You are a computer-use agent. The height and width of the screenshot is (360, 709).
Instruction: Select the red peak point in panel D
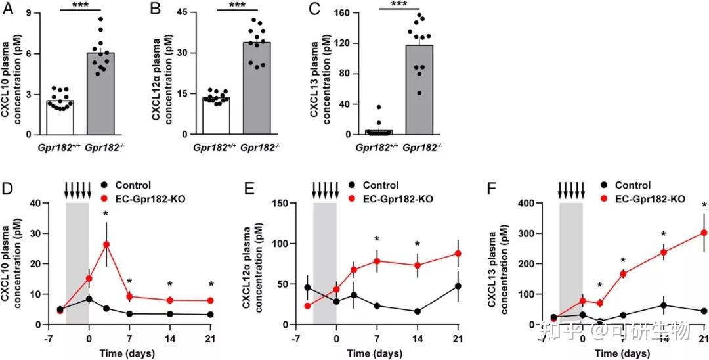106,244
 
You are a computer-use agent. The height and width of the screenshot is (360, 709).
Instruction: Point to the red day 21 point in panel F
704,233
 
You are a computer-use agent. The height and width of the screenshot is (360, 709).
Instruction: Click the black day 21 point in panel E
458,286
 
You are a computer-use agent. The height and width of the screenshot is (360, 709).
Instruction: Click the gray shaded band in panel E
325,263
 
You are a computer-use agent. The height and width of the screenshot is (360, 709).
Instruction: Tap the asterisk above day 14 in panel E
417,244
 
